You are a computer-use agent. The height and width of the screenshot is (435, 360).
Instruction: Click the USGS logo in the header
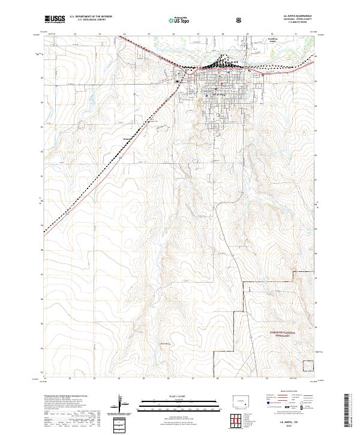point(55,19)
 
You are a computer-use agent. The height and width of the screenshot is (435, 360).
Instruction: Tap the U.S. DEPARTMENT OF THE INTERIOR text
point(91,17)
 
